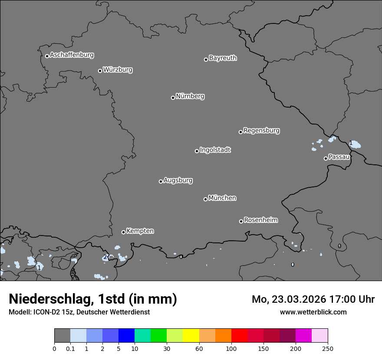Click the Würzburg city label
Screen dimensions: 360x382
118,70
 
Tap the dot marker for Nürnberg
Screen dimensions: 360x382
173,98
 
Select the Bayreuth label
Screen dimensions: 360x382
223,58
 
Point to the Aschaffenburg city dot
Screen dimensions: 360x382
47,56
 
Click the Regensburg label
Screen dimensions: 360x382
261,131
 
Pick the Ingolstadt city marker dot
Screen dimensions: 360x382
197,151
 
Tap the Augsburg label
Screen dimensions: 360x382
178,180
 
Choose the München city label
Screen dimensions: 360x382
222,198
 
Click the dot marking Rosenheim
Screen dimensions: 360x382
241,221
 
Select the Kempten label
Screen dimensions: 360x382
140,231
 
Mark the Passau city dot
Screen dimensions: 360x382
326,158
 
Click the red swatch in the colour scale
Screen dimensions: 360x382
240,336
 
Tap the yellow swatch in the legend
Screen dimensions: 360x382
191,336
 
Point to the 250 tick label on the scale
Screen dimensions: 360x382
328,348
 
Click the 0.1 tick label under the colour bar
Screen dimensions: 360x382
70,348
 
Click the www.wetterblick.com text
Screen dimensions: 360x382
313,312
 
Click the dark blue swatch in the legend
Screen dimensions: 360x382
126,336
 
